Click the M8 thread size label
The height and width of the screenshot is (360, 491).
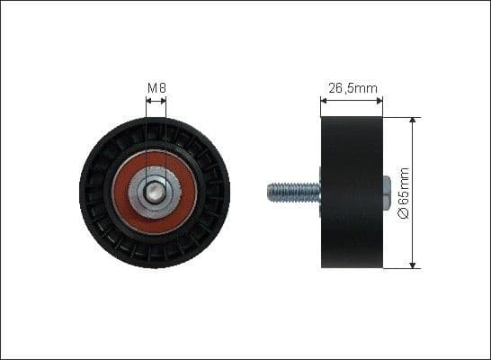pos(156,88)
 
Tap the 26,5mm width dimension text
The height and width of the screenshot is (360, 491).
pos(352,88)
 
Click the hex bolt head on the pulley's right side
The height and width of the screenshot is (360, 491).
pos(387,191)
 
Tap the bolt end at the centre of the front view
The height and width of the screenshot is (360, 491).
pos(156,191)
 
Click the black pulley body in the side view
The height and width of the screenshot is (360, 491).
pos(352,191)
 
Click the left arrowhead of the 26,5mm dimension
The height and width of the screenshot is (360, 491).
pos(324,100)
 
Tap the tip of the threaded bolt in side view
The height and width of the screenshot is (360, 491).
pos(269,191)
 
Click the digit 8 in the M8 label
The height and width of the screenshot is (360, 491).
pos(162,88)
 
